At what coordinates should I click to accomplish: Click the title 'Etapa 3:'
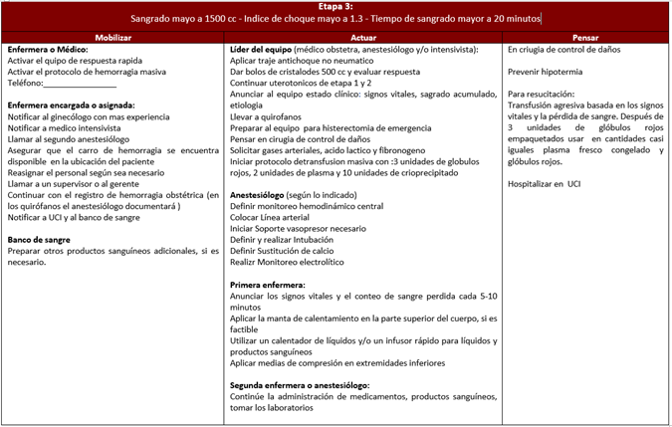(x=336, y=6)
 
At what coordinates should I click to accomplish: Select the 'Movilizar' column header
(x=112, y=36)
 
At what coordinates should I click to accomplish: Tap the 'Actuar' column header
(x=363, y=36)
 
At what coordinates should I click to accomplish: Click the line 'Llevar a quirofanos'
(x=267, y=116)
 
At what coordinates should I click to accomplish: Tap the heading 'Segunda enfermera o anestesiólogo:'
(x=300, y=385)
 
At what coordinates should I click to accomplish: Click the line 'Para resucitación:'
(x=542, y=94)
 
